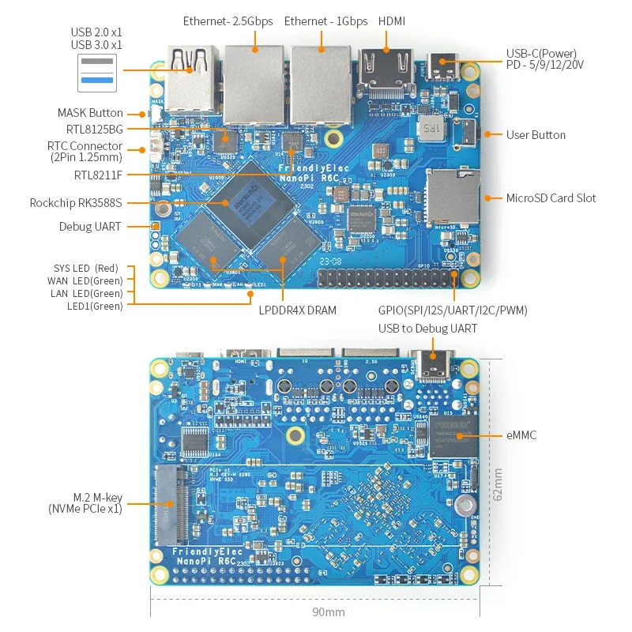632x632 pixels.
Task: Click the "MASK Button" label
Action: [90, 113]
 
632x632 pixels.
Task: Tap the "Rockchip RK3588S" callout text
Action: [76, 203]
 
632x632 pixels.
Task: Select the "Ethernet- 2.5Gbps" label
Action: [228, 21]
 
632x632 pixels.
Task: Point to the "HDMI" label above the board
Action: [392, 21]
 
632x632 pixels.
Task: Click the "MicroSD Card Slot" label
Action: [551, 198]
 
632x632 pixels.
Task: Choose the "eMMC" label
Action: [521, 435]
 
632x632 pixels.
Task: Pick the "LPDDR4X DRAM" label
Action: [298, 310]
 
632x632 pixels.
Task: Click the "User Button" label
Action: [536, 135]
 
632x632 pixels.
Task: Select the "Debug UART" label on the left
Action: [90, 227]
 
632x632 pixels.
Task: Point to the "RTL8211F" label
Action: [98, 175]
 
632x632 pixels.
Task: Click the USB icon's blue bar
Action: [96, 79]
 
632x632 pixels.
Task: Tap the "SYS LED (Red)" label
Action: [88, 269]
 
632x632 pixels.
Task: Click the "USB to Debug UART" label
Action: [427, 329]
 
